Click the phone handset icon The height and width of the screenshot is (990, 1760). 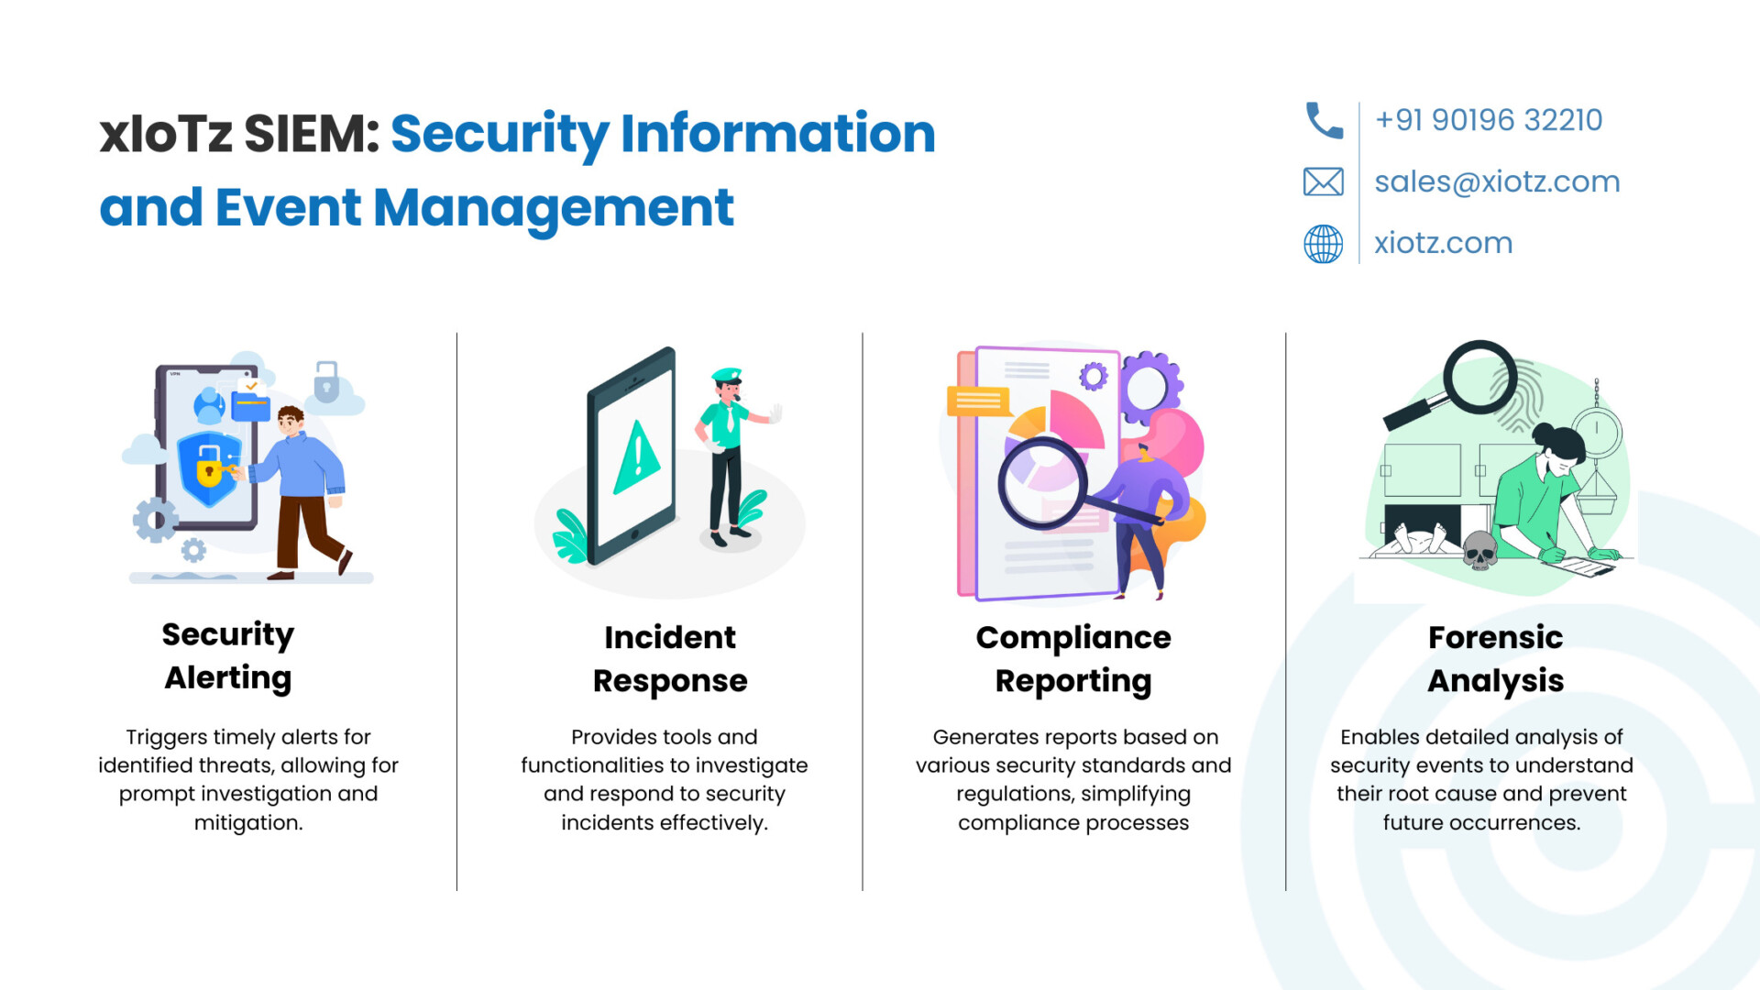1324,120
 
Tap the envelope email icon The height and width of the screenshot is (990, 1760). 1324,181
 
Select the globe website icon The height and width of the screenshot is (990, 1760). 1324,244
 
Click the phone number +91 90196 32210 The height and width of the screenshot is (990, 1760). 1489,120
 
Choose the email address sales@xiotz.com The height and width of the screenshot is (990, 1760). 1497,181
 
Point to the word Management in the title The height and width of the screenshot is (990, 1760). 554,208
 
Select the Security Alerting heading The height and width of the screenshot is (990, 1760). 228,655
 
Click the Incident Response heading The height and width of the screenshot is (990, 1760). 670,659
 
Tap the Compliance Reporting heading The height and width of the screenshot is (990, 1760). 1073,659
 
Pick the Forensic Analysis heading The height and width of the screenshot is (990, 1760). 1496,659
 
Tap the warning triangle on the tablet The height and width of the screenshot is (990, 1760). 637,456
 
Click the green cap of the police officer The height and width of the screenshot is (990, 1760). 727,375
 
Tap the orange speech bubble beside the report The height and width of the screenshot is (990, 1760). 978,401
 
